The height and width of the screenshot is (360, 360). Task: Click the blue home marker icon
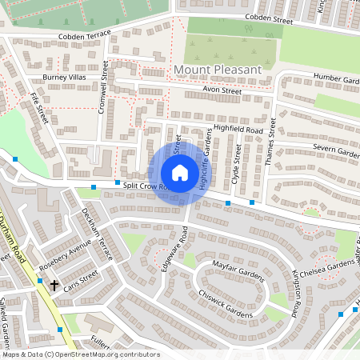click(180, 173)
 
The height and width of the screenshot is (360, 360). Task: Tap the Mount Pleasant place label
click(217, 70)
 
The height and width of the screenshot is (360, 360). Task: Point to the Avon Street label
click(222, 91)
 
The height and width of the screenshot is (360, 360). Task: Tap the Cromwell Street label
click(103, 89)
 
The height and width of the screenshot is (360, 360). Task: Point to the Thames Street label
click(272, 139)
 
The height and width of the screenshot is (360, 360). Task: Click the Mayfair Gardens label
click(238, 265)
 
